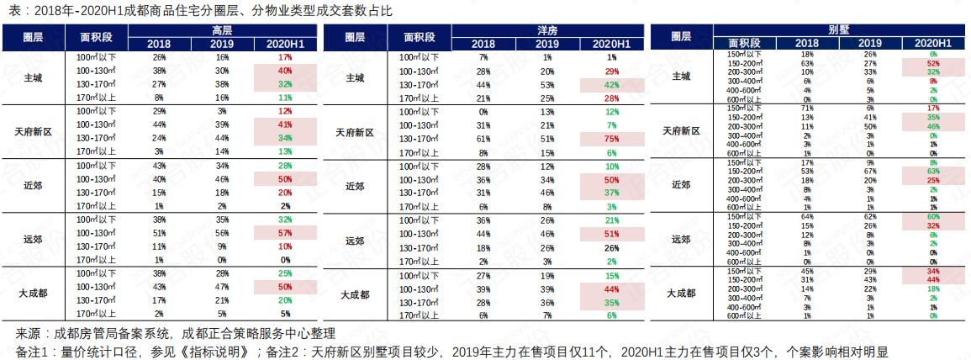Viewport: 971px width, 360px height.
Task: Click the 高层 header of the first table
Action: [x=222, y=29]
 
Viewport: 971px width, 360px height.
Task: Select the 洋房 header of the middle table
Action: [x=548, y=29]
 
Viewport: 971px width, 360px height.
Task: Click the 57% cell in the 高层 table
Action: [x=285, y=232]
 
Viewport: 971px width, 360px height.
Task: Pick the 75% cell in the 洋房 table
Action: [x=611, y=139]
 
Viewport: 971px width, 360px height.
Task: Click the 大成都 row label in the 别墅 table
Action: [x=681, y=293]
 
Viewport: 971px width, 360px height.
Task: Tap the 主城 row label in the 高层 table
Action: [x=34, y=77]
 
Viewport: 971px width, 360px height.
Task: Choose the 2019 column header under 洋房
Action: [x=547, y=43]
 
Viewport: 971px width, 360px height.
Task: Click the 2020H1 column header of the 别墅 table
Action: [x=933, y=41]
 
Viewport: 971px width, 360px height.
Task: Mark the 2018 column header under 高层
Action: [x=159, y=43]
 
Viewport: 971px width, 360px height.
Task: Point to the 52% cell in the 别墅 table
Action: [x=933, y=63]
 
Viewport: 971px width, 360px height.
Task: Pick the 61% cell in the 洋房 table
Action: [x=483, y=139]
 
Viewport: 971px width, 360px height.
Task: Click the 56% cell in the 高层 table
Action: [x=222, y=232]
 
